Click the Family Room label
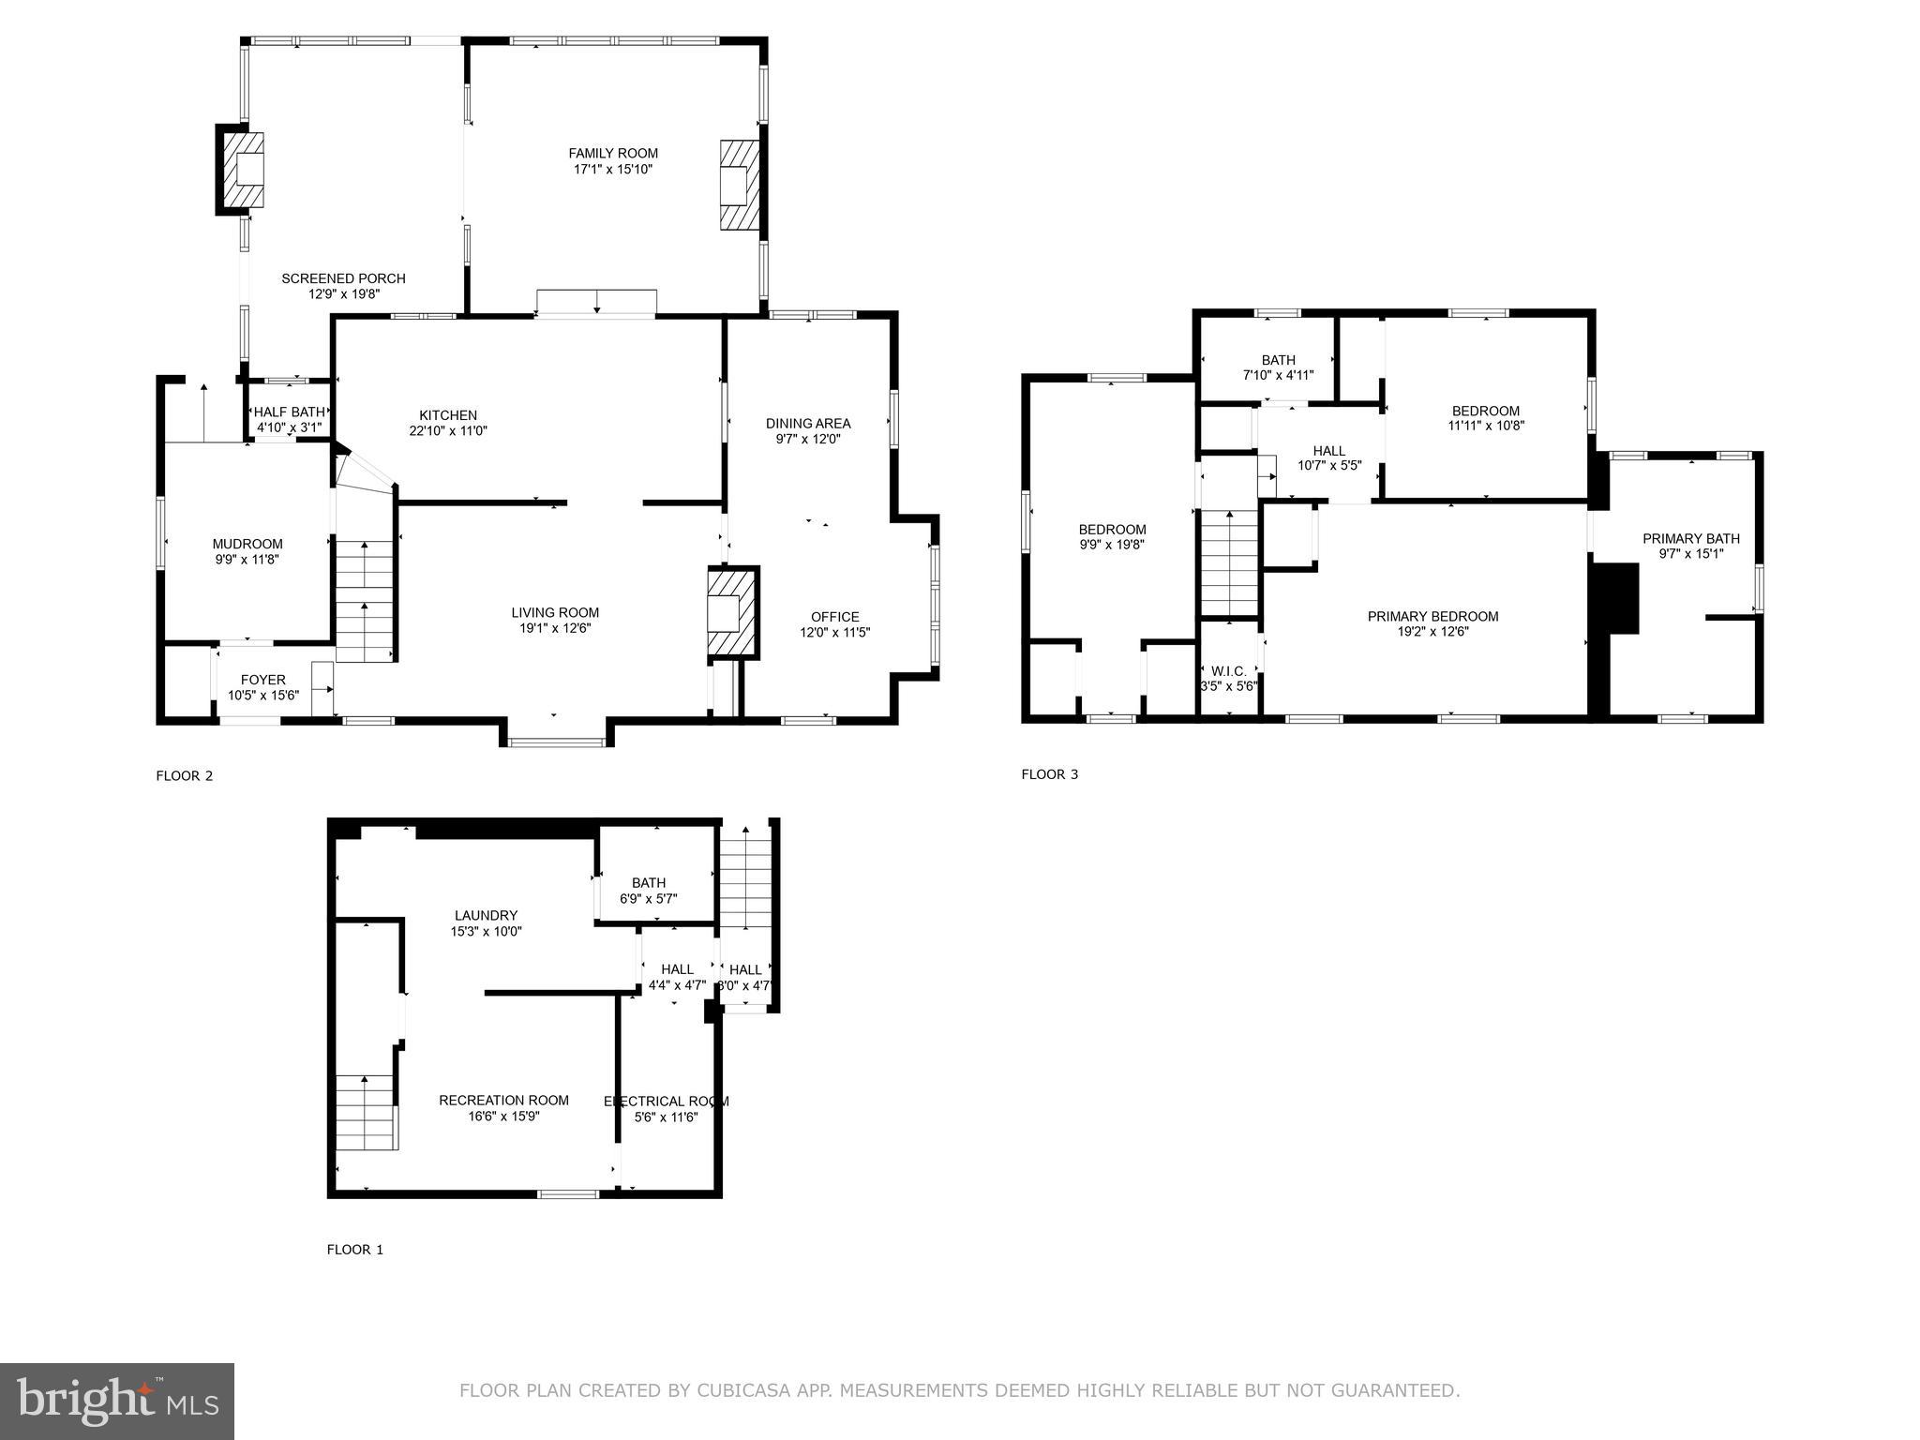point(613,153)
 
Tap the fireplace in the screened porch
point(245,170)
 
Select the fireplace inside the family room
point(739,185)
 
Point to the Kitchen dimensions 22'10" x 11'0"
point(448,431)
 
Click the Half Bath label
point(289,412)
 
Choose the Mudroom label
point(247,544)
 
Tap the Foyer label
point(263,680)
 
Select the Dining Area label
point(808,423)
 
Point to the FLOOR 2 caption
point(185,775)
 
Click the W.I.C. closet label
point(1229,671)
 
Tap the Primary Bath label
point(1691,538)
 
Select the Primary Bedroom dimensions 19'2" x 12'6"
point(1432,632)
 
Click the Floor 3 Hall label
point(1329,450)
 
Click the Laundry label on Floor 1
point(486,915)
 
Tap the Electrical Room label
point(667,1101)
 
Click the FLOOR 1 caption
point(355,1250)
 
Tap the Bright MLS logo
point(117,1401)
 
